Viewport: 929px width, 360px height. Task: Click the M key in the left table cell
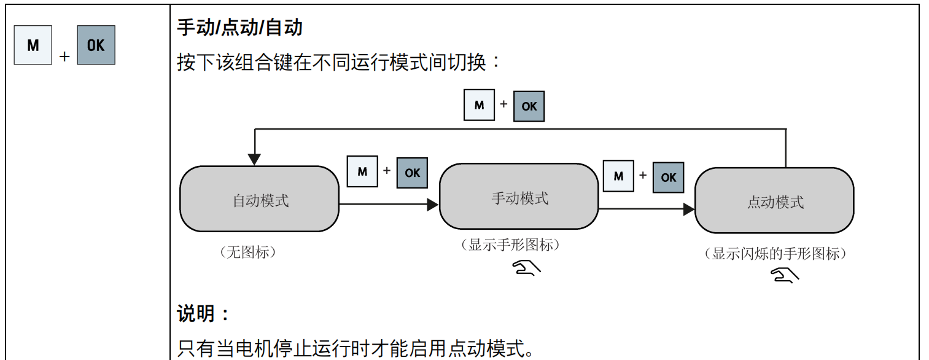[x=33, y=45]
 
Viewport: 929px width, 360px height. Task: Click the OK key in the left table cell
[x=96, y=45]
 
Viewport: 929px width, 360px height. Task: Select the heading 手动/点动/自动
[x=239, y=28]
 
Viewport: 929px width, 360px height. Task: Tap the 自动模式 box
[x=259, y=199]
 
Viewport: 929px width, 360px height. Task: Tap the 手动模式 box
[x=519, y=197]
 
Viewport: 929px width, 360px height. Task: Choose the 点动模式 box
[x=774, y=201]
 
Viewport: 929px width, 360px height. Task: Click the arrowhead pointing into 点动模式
[x=689, y=209]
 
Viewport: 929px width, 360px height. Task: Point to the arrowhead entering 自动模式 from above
[x=254, y=160]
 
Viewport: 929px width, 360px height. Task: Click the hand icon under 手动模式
[x=527, y=267]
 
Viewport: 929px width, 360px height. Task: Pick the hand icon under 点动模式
[x=784, y=276]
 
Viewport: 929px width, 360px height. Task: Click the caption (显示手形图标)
[x=511, y=245]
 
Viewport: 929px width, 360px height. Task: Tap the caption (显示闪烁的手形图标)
[x=775, y=254]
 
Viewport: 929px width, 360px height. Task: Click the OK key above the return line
[x=529, y=106]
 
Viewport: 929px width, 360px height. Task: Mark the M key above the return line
[x=479, y=105]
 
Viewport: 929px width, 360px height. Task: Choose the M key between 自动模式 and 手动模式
[x=362, y=171]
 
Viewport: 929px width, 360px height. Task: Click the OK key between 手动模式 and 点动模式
[x=668, y=177]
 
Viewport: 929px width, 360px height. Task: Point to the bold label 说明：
[x=203, y=314]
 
